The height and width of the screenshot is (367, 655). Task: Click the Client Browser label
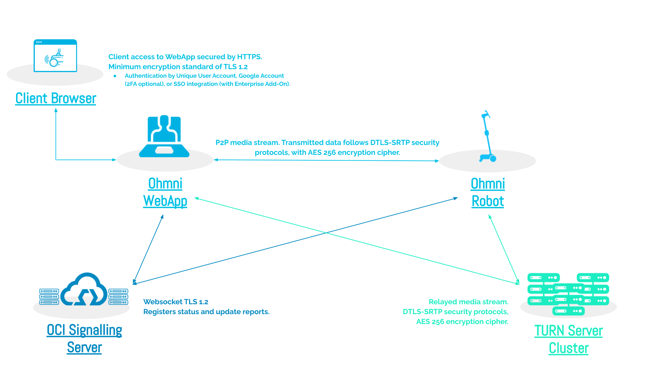point(56,99)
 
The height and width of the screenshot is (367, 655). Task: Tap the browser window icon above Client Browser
point(55,56)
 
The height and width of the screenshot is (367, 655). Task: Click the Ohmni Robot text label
point(488,192)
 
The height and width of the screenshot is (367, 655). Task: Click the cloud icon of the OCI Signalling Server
point(84,290)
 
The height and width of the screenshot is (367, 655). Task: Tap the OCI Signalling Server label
point(84,339)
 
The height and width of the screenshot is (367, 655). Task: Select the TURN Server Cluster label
point(568,339)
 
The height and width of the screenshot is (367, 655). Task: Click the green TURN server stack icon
point(568,294)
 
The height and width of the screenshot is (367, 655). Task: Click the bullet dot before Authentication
point(115,76)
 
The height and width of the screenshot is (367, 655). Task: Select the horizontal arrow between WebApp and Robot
point(326,160)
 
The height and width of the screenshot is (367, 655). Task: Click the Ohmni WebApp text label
point(165,192)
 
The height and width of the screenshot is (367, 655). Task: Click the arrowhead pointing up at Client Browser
point(56,111)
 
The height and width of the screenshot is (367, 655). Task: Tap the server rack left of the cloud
point(49,296)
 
